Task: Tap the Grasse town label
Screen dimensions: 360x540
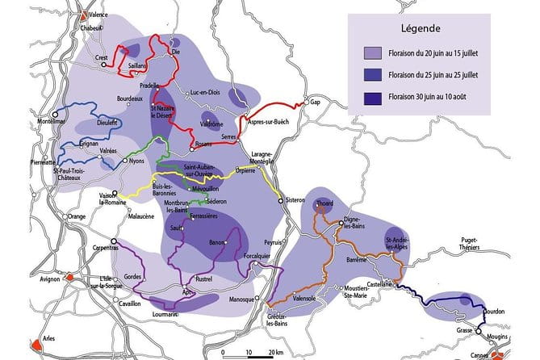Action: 463,330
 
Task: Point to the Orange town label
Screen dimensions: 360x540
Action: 76,216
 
